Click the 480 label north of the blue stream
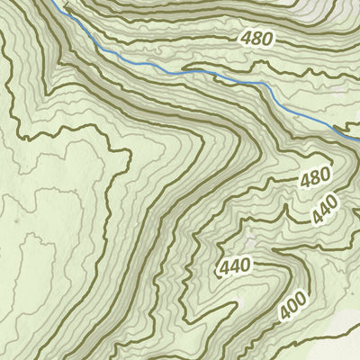click(x=256, y=39)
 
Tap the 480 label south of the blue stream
click(x=315, y=178)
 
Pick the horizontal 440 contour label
click(x=234, y=266)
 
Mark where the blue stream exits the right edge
click(x=357, y=139)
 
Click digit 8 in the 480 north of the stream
click(x=256, y=39)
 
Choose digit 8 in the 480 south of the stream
click(x=315, y=178)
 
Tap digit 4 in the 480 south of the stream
click(x=306, y=181)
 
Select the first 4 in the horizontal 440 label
click(x=224, y=267)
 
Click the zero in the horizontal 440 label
click(x=244, y=265)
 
